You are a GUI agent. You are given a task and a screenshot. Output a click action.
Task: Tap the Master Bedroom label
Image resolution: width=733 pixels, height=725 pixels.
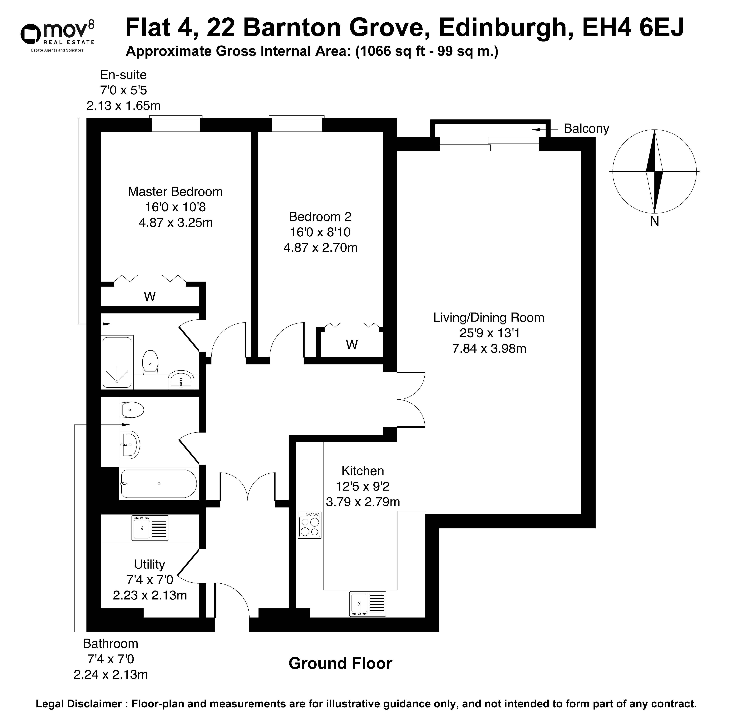[175, 192]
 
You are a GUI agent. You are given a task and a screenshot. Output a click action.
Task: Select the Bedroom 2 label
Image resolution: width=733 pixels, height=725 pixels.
[320, 217]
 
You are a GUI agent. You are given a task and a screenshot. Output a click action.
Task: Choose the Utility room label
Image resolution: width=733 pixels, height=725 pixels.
[150, 565]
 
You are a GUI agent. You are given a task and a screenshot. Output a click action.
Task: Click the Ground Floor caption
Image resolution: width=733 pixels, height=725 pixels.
[340, 663]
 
